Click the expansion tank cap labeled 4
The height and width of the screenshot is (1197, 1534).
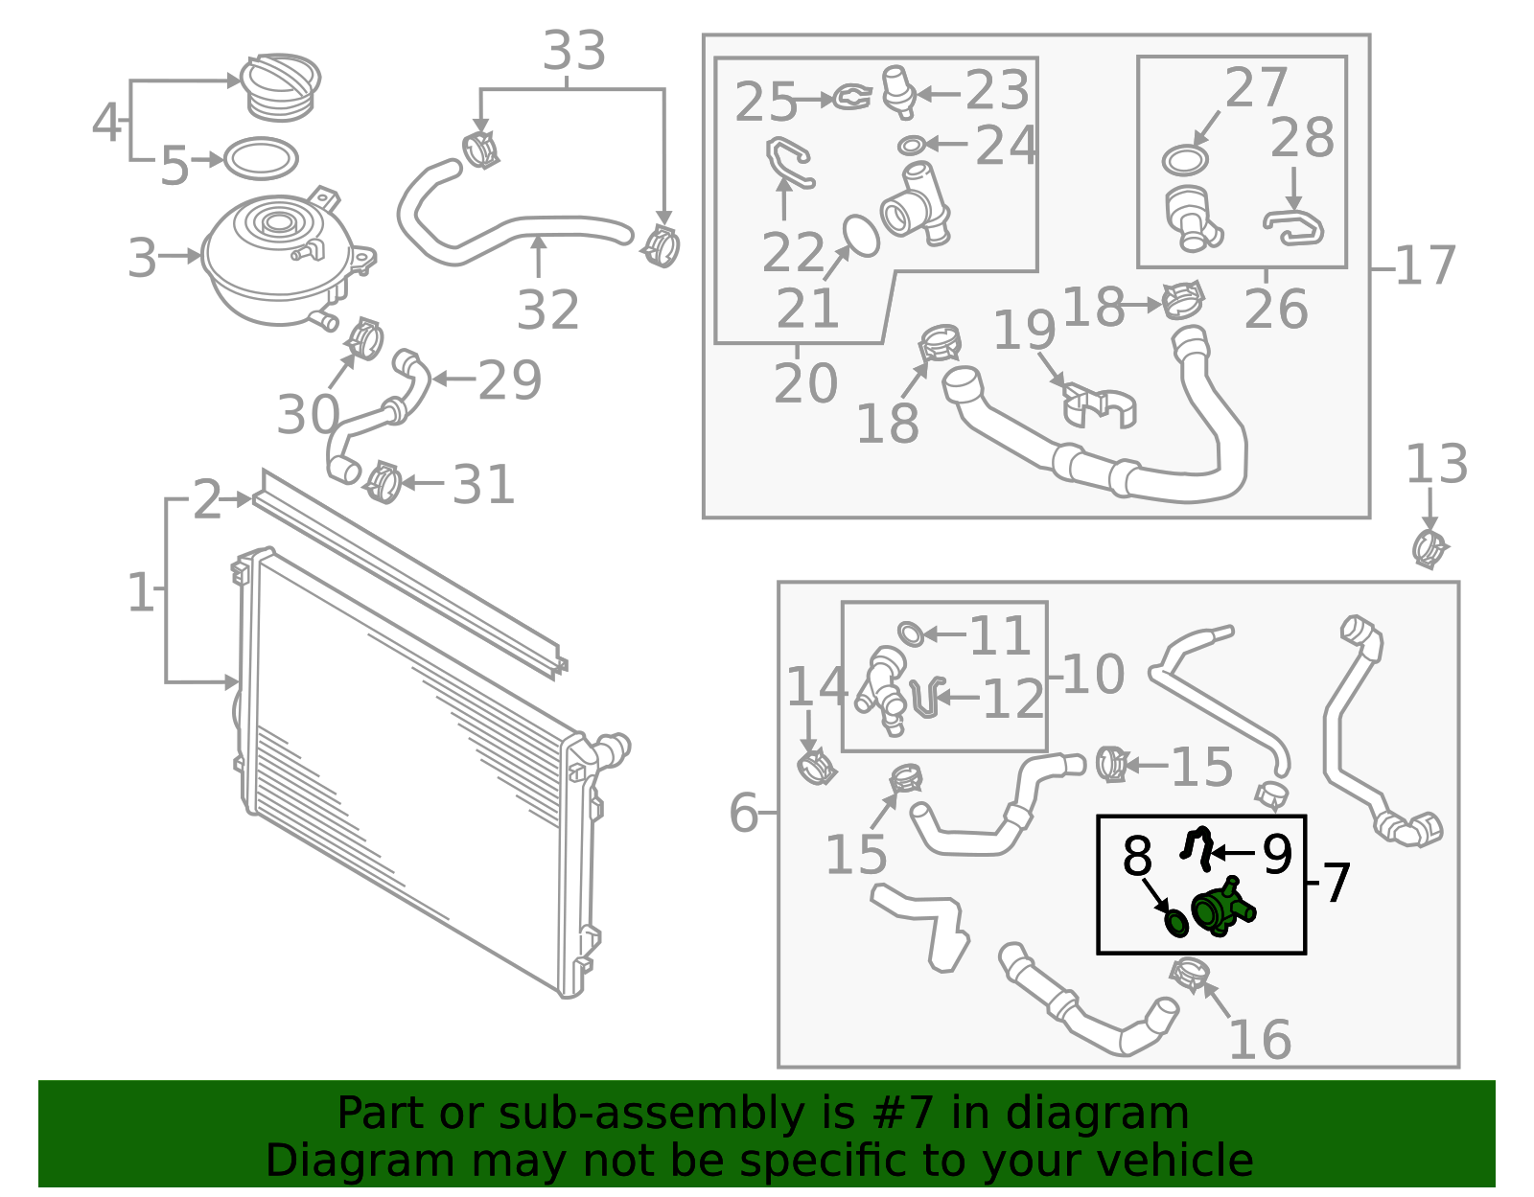pyautogui.click(x=280, y=87)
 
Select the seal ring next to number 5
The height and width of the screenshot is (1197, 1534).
pyautogui.click(x=261, y=159)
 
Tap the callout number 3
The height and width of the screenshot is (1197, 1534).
pyautogui.click(x=142, y=258)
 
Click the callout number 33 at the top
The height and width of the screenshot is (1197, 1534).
pyautogui.click(x=574, y=51)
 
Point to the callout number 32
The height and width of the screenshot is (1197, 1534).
pyautogui.click(x=548, y=310)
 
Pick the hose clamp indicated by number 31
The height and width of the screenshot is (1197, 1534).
pyautogui.click(x=384, y=482)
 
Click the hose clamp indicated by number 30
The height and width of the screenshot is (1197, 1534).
pyautogui.click(x=364, y=338)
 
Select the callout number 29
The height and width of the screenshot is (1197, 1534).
pyautogui.click(x=510, y=380)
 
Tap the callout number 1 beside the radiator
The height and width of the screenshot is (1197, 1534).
pyautogui.click(x=141, y=591)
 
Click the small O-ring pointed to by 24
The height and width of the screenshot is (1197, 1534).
pyautogui.click(x=911, y=146)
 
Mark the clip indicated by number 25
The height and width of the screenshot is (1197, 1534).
pyautogui.click(x=852, y=98)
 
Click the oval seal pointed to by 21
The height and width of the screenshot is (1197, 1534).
pyautogui.click(x=861, y=236)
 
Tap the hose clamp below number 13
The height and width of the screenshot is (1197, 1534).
pyautogui.click(x=1429, y=549)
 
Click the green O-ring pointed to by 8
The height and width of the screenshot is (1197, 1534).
pyautogui.click(x=1176, y=924)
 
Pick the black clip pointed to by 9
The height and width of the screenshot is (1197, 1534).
pyautogui.click(x=1198, y=848)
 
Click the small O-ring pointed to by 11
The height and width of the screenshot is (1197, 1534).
pyautogui.click(x=911, y=634)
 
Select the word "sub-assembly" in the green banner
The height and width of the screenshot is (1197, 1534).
pyautogui.click(x=651, y=1114)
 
